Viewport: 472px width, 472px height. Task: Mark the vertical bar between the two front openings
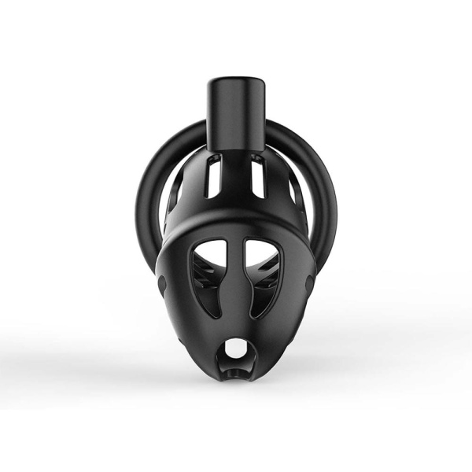(x=236, y=291)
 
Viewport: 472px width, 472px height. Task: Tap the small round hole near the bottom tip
(x=236, y=347)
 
